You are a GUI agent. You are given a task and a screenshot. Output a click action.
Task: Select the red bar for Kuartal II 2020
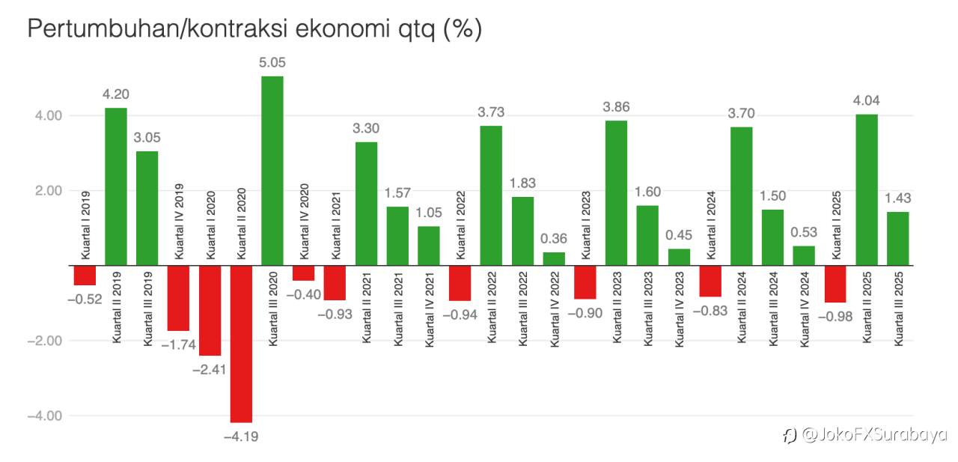(241, 344)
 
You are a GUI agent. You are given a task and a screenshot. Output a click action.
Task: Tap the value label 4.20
(116, 94)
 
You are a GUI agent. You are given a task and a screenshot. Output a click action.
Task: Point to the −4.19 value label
(241, 437)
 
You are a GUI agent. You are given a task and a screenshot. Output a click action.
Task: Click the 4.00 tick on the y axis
(46, 115)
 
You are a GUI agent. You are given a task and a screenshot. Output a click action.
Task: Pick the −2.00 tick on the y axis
(43, 341)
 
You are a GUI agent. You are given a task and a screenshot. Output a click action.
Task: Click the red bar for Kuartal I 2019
(85, 275)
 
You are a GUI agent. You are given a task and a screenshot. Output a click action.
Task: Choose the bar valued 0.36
(554, 258)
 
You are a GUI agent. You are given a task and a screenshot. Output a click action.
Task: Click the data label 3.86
(616, 107)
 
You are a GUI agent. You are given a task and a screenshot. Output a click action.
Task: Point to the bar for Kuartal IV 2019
(178, 298)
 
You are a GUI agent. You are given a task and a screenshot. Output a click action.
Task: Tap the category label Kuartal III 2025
(899, 307)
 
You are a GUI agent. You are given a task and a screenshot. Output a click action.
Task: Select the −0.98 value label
(835, 316)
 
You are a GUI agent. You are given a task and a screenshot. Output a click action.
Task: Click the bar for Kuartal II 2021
(366, 204)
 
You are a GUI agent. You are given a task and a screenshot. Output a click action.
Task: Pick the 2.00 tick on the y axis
(46, 190)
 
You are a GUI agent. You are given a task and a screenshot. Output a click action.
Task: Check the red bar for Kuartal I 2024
(710, 281)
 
